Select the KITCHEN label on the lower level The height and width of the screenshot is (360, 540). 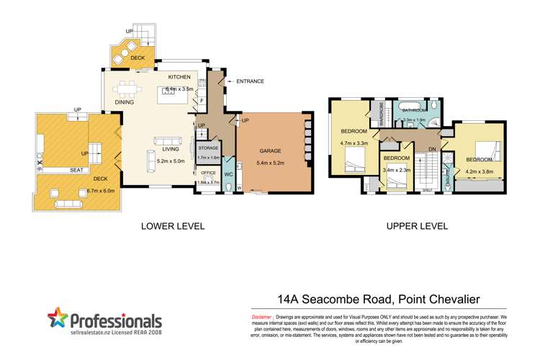coord(180,76)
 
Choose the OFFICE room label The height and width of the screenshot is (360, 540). coord(208,174)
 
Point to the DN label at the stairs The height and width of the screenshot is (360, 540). coord(431,150)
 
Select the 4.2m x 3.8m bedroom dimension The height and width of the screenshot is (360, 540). coord(479,171)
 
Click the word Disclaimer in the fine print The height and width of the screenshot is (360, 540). coord(261,317)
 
